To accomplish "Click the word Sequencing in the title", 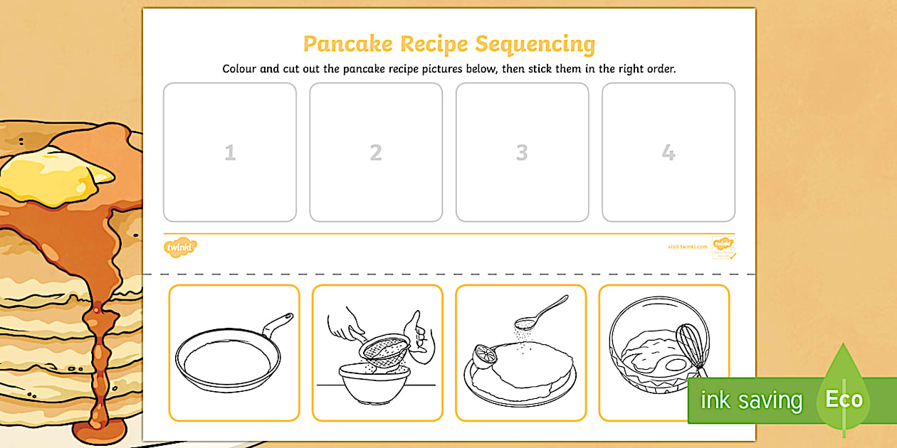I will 535,44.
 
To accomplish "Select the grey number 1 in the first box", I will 230,152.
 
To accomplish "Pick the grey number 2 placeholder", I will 376,152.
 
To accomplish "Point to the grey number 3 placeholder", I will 522,152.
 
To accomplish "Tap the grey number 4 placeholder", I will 668,152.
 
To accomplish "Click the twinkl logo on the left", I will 180,247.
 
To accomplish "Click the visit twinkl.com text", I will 687,247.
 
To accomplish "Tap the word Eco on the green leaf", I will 844,399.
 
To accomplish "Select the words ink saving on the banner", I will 751,400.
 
